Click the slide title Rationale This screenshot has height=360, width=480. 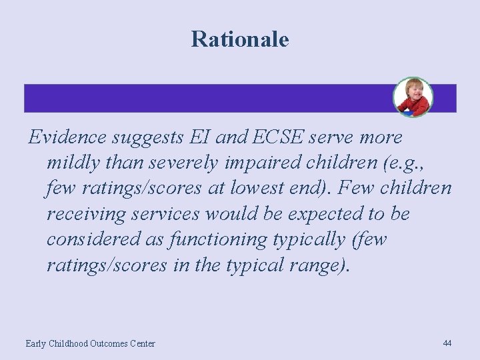coord(240,39)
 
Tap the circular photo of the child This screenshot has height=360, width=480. coord(413,97)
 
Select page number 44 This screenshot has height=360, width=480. coord(447,343)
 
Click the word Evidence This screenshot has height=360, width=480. coord(67,137)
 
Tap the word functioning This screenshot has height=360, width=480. coord(211,239)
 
